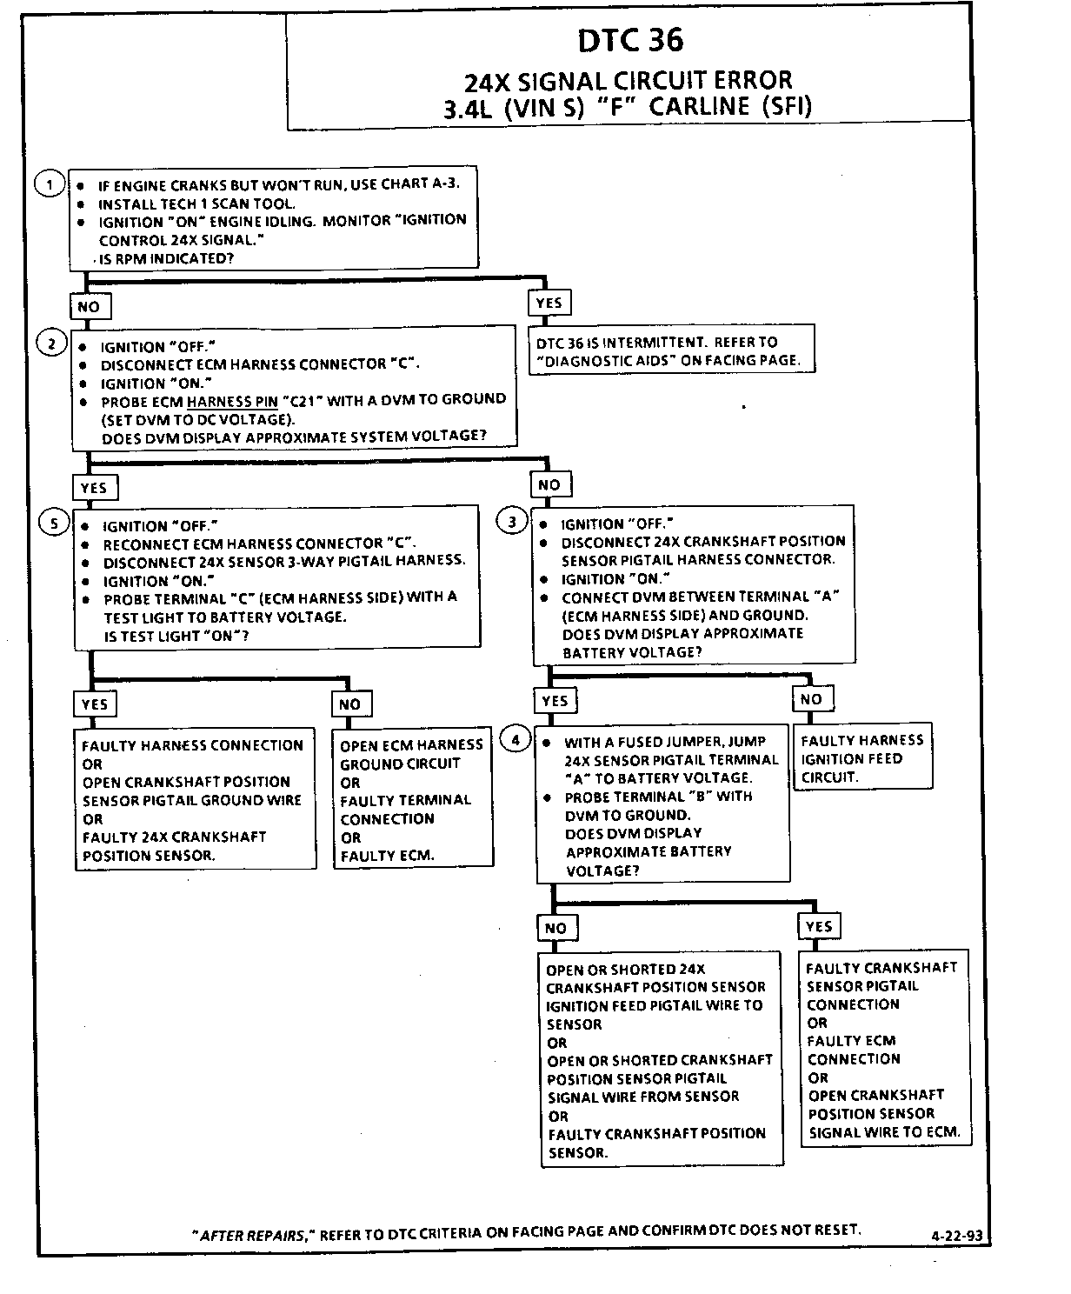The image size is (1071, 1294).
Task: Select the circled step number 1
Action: tap(50, 184)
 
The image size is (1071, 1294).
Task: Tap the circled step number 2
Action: tap(51, 344)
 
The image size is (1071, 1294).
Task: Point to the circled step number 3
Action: tap(512, 522)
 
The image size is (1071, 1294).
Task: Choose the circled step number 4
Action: tap(516, 740)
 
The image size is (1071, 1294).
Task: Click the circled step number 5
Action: tap(54, 523)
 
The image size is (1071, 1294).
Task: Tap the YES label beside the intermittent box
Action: tap(549, 303)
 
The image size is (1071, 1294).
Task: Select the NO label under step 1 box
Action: tap(89, 307)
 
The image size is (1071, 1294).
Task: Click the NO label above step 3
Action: tap(549, 484)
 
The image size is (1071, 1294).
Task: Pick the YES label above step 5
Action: tap(94, 488)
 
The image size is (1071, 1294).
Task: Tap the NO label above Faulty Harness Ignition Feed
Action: tap(811, 698)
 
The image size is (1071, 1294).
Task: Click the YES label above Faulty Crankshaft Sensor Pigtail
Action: tap(819, 926)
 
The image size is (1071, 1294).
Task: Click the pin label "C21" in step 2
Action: tap(313, 400)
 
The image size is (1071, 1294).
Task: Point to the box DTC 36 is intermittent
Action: tap(671, 350)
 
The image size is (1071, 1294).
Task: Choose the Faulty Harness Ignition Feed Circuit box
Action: tap(862, 757)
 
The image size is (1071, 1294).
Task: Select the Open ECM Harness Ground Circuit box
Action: tap(412, 799)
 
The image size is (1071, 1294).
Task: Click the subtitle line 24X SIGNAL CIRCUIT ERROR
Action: tap(628, 81)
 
